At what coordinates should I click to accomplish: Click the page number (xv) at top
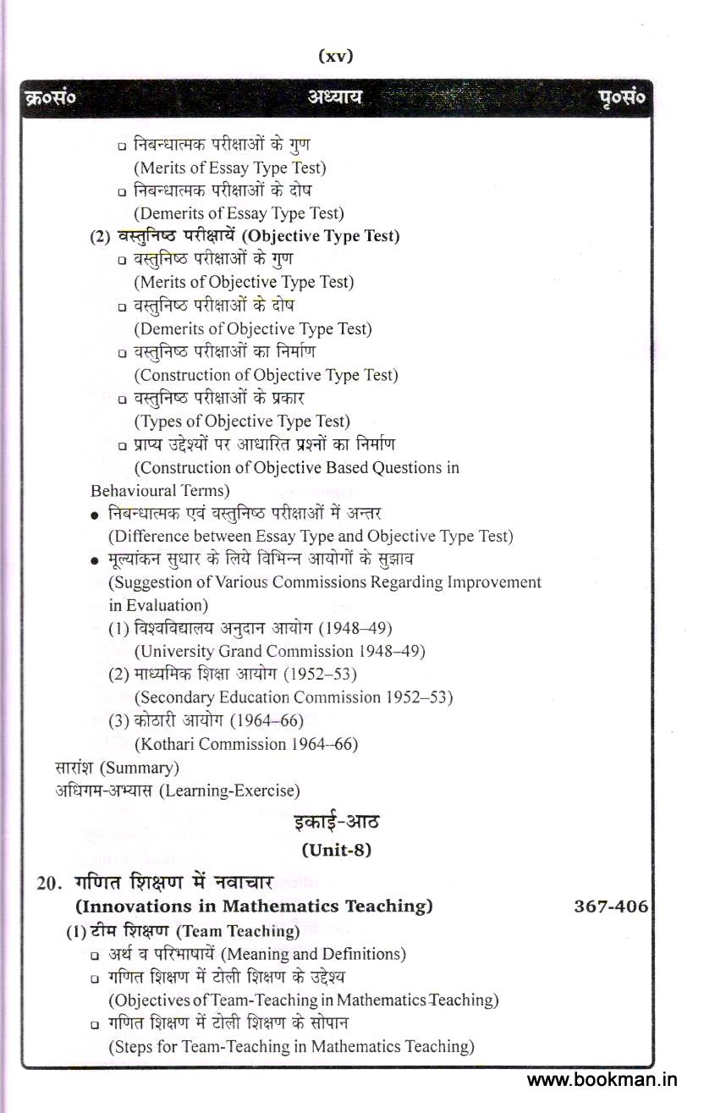click(x=335, y=57)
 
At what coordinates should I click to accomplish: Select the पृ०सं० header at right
click(x=621, y=98)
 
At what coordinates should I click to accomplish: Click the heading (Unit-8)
click(x=336, y=850)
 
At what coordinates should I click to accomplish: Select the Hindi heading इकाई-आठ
click(x=336, y=822)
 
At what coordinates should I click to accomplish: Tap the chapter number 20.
click(x=47, y=883)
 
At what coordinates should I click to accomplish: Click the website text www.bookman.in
click(x=602, y=1080)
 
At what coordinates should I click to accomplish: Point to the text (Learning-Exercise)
click(x=229, y=791)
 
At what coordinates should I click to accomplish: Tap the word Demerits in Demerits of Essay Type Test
click(x=169, y=213)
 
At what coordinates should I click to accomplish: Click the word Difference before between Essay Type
click(x=146, y=536)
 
